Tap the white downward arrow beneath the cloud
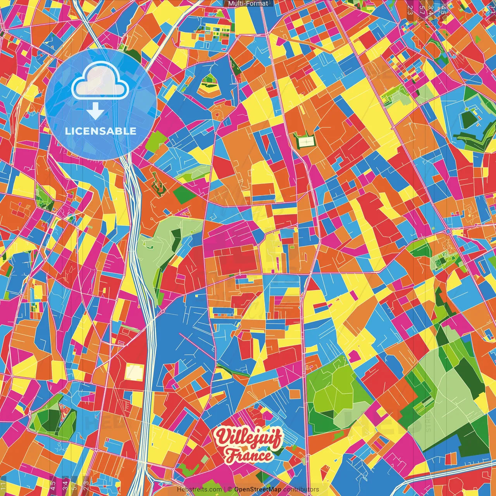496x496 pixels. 95,112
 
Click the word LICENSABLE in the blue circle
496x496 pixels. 101,131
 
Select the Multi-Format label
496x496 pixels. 248,3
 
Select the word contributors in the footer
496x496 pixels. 300,489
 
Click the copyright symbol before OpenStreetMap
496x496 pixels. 230,489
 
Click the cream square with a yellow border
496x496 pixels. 134,373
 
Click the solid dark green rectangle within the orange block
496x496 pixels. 179,195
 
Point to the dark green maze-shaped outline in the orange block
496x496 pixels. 158,185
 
